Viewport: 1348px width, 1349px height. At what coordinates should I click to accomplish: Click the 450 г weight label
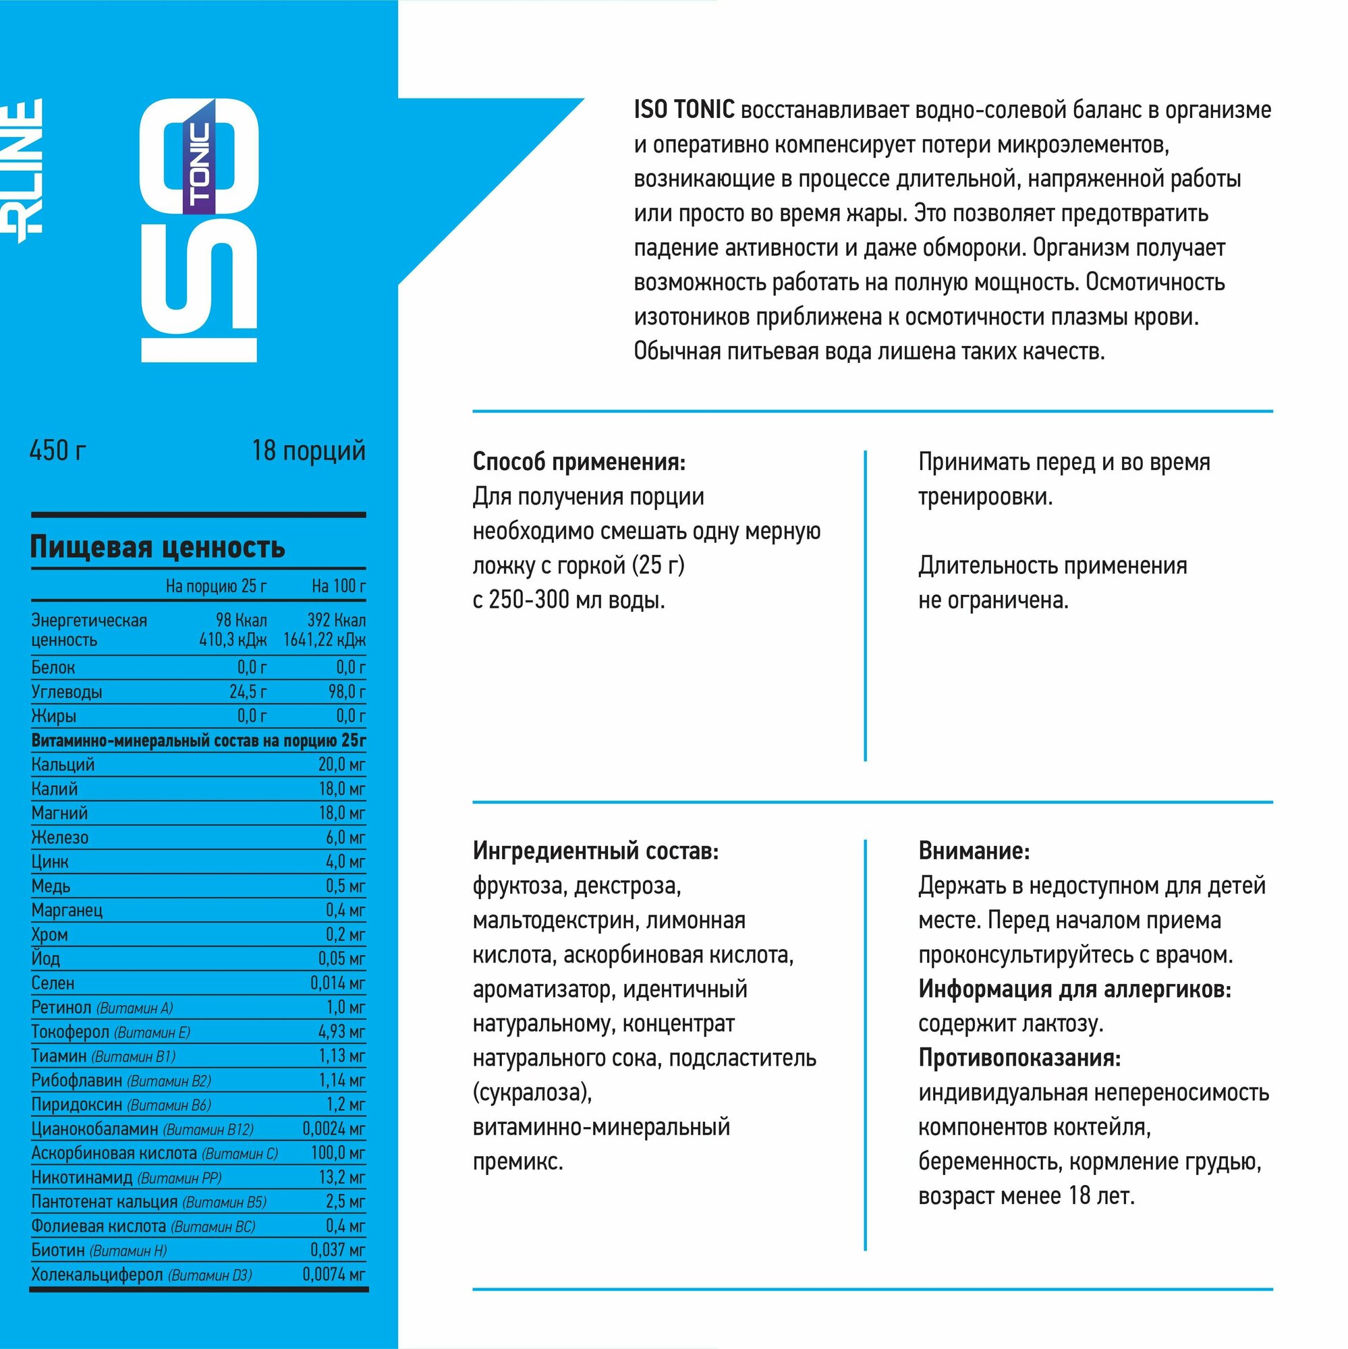tap(58, 451)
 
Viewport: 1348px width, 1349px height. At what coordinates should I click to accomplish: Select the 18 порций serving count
tap(308, 451)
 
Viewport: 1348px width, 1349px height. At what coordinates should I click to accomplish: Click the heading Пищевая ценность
tap(157, 547)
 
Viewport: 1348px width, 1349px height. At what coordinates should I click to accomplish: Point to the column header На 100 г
tap(338, 586)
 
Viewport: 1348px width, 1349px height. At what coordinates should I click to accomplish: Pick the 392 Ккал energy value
tap(336, 620)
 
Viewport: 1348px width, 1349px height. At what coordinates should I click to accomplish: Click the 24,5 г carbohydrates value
tap(248, 692)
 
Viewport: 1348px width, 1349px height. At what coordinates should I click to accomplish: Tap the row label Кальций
tap(63, 765)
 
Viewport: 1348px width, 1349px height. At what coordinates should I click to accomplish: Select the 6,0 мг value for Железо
tap(345, 837)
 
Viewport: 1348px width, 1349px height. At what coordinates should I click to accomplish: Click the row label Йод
tap(45, 958)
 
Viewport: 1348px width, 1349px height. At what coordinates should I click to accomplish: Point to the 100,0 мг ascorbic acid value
tap(338, 1153)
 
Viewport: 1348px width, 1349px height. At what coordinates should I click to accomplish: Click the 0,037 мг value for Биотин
tap(337, 1250)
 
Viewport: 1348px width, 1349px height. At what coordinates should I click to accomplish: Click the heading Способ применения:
tap(579, 462)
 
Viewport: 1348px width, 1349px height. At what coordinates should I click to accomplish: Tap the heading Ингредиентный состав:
tap(595, 851)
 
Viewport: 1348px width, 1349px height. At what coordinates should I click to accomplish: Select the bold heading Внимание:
tap(974, 851)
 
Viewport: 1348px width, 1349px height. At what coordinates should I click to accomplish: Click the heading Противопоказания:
tap(1019, 1058)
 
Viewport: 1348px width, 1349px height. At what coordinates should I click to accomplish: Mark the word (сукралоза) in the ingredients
tap(532, 1092)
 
